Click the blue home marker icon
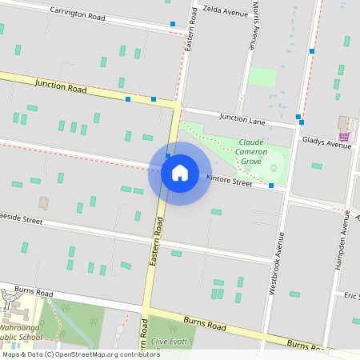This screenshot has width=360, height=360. click(x=179, y=173)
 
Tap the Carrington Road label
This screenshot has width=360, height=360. click(x=78, y=13)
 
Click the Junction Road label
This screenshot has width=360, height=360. click(x=60, y=86)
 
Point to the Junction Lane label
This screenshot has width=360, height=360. click(x=241, y=118)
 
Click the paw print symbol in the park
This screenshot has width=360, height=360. click(x=273, y=169)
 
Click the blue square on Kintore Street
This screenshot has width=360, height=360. click(x=271, y=186)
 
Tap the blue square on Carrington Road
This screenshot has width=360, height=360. click(x=173, y=24)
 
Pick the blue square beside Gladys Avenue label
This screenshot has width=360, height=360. click(x=299, y=118)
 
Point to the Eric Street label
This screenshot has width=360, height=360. click(x=351, y=297)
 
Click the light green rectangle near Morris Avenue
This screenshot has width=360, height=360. click(x=262, y=77)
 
